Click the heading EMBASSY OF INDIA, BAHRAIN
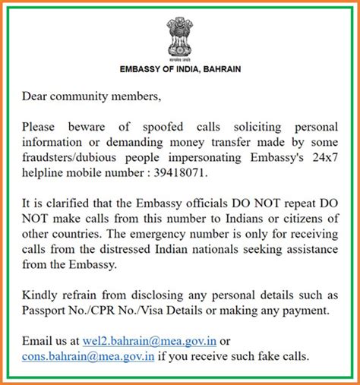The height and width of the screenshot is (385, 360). [x=180, y=69]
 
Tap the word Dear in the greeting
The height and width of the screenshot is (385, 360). [x=35, y=96]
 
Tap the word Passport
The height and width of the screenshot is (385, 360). [x=47, y=310]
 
